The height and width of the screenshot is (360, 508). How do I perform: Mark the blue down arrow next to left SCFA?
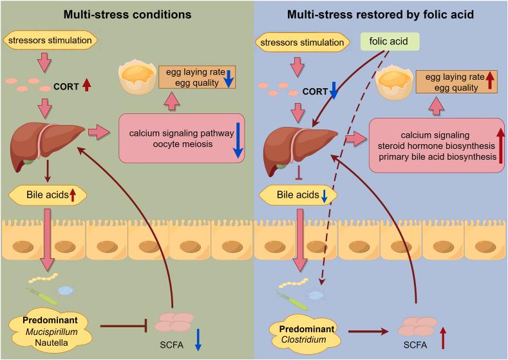[198, 339]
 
